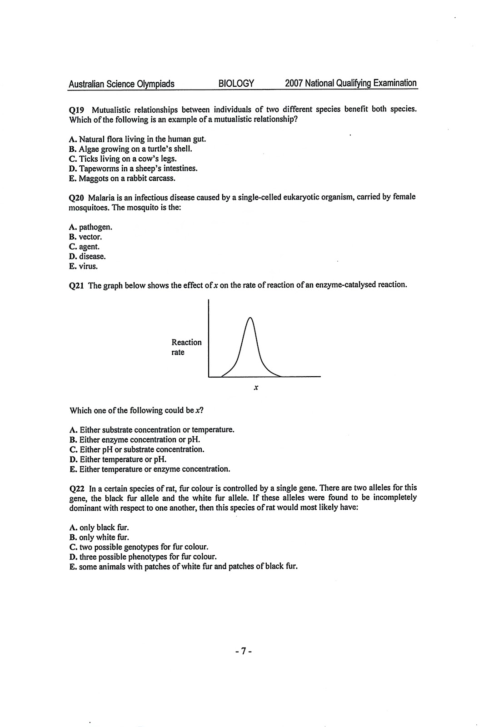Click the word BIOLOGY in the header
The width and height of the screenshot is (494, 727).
[236, 84]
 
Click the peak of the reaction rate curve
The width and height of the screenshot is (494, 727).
[249, 317]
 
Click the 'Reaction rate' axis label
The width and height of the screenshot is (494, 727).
[186, 347]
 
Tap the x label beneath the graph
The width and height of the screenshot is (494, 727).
[256, 388]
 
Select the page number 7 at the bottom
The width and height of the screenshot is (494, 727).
[244, 651]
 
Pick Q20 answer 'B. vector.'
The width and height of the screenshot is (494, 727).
[85, 237]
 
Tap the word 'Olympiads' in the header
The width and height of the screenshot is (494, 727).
[155, 84]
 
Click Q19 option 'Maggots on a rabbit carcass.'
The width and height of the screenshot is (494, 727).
[122, 178]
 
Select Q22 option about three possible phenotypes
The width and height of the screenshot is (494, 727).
[143, 557]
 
